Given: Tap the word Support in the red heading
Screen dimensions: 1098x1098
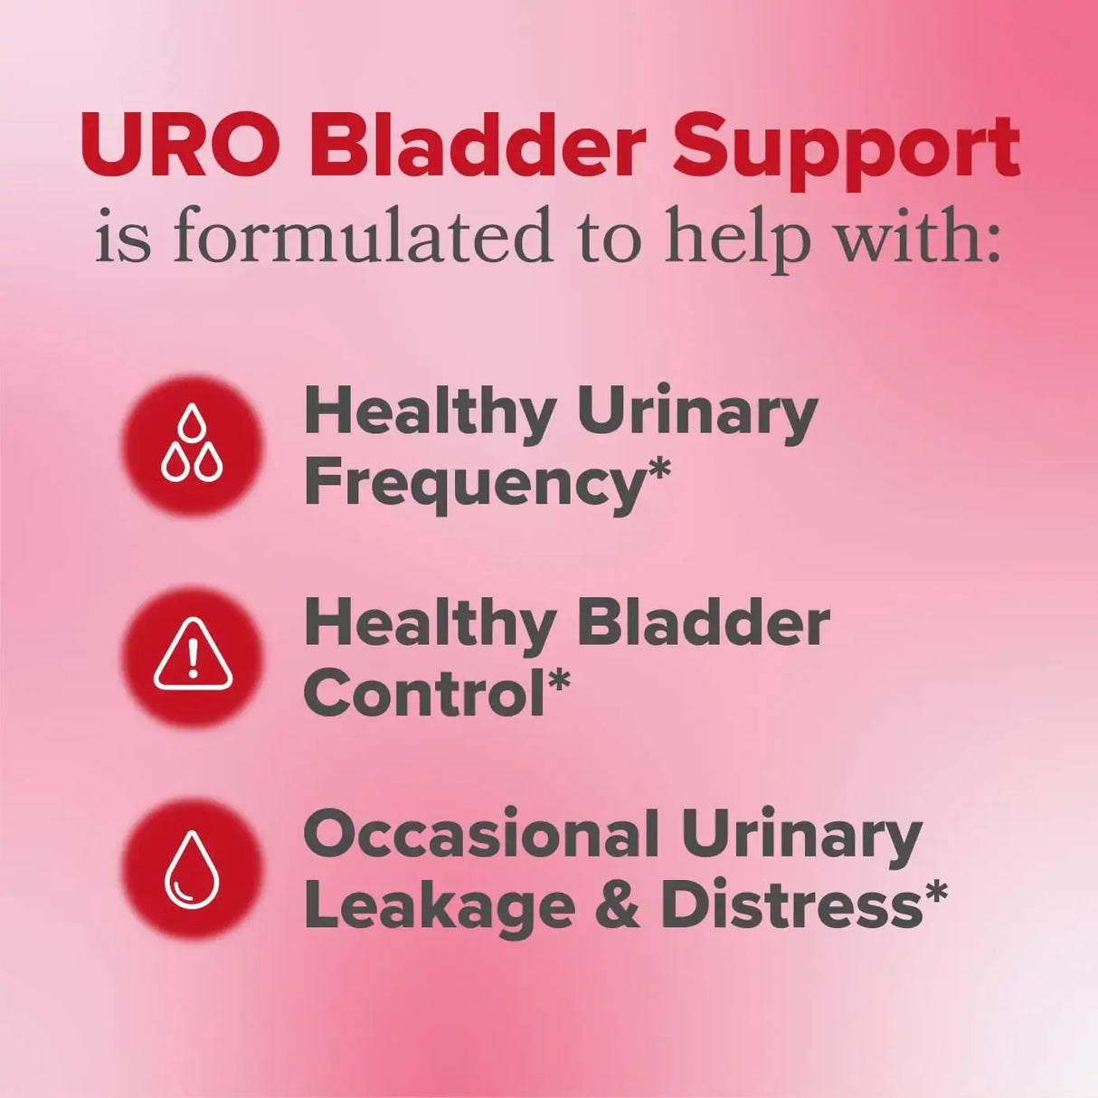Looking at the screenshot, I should click(x=847, y=149).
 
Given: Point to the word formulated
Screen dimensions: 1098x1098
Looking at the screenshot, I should click(x=362, y=237).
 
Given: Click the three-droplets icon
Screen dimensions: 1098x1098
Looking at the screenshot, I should click(x=192, y=445).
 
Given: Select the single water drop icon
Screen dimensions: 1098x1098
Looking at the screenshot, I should click(x=192, y=869).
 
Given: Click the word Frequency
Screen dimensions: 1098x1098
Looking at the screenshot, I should click(x=472, y=486).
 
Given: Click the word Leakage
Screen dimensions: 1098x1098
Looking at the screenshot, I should click(x=440, y=905).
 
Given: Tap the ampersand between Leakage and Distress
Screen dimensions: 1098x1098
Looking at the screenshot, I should click(x=618, y=905).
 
